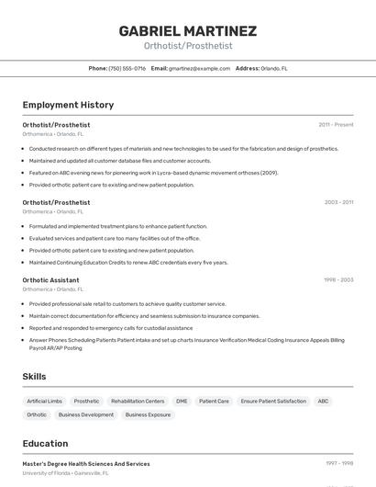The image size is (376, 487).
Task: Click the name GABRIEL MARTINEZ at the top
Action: click(x=188, y=30)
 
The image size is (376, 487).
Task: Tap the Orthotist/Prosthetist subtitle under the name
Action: click(x=188, y=46)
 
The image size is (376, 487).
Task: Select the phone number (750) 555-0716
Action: click(x=127, y=68)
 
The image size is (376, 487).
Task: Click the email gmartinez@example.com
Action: click(x=199, y=68)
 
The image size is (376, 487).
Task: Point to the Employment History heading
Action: click(x=68, y=105)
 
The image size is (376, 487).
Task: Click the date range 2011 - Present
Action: click(x=336, y=124)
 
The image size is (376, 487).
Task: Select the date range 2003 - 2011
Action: click(x=338, y=202)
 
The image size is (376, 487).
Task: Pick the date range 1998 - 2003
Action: click(x=338, y=279)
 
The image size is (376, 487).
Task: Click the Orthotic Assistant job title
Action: click(x=50, y=279)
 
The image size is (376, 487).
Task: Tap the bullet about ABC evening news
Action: click(x=153, y=172)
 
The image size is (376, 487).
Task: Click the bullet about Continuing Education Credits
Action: click(x=128, y=262)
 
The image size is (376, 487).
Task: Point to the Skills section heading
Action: click(x=35, y=377)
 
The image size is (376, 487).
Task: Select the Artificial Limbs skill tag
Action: click(x=44, y=402)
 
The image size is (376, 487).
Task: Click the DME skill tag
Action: click(x=182, y=402)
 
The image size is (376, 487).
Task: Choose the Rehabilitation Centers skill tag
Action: click(x=138, y=402)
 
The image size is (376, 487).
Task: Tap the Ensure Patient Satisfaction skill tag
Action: click(x=273, y=402)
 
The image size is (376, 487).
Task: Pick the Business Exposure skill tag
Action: click(x=148, y=414)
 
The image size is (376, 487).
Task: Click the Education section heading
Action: click(x=45, y=443)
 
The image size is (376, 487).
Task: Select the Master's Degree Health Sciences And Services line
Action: click(x=86, y=463)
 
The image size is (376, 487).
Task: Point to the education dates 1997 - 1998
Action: click(x=338, y=463)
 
